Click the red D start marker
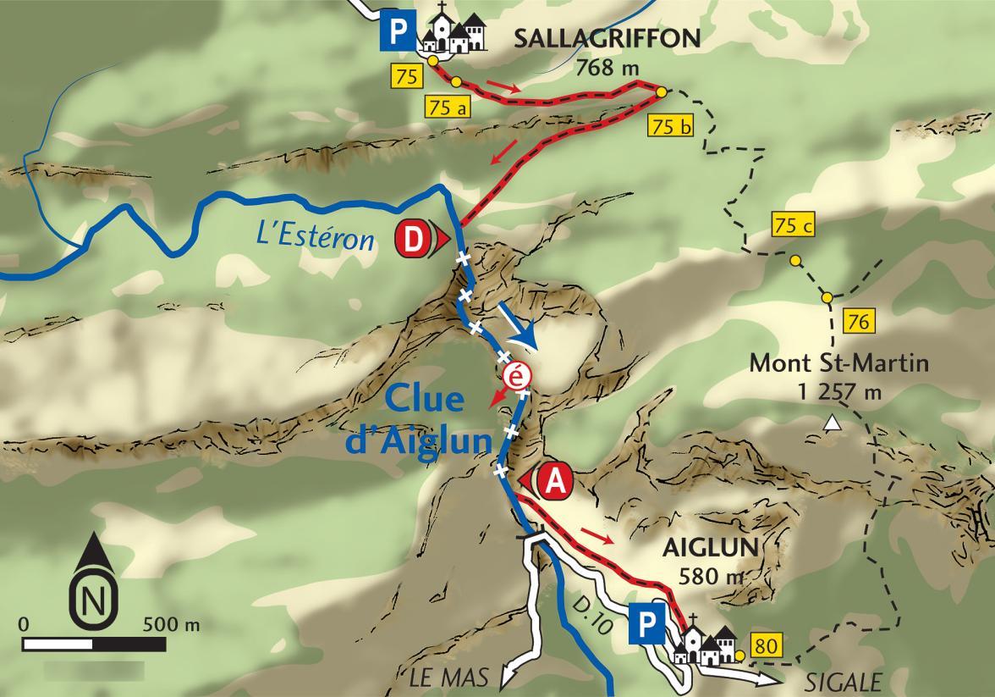[412, 240]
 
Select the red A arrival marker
[554, 481]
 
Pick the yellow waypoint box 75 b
[673, 127]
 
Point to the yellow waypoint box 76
[858, 322]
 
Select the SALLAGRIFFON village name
[607, 38]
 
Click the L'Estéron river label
[315, 240]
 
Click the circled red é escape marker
[514, 374]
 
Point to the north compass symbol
[90, 585]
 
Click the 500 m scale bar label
[173, 625]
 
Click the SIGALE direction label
[843, 681]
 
